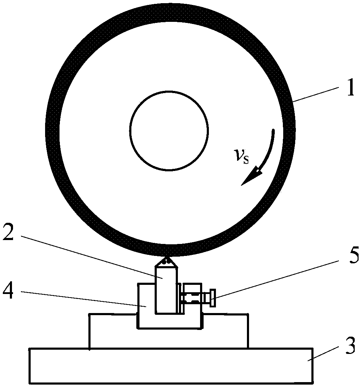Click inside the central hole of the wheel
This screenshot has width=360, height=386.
point(169,130)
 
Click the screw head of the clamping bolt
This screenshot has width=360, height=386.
point(213,298)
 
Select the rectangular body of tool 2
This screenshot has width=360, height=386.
point(166,290)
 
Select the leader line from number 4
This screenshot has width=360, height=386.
point(84,299)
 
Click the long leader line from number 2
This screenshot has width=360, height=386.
point(92,257)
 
